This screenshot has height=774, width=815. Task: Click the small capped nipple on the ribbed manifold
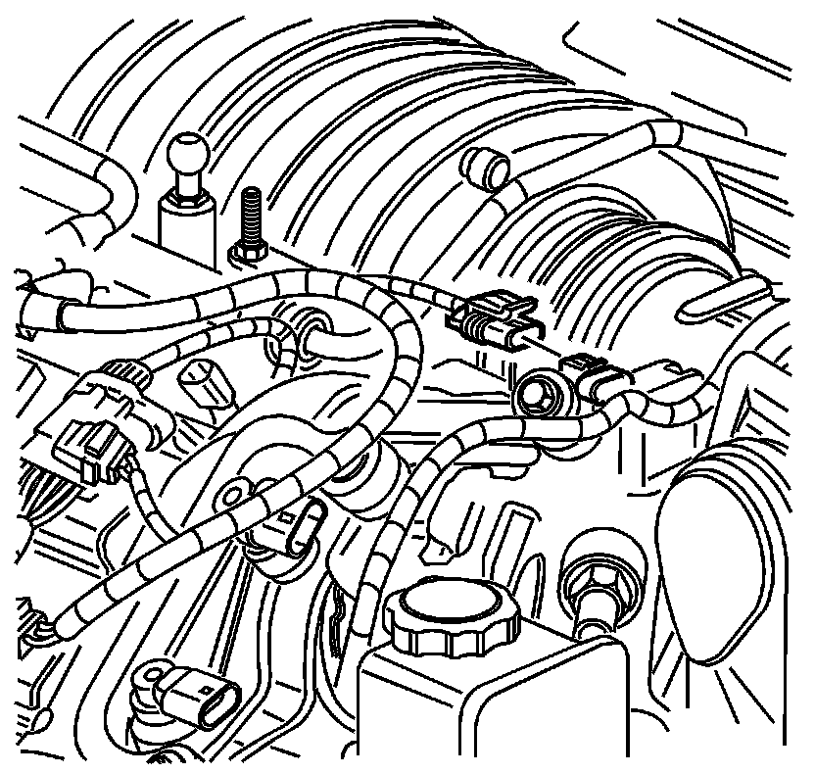coord(485,169)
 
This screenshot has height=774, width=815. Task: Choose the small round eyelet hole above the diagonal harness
coord(235,489)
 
